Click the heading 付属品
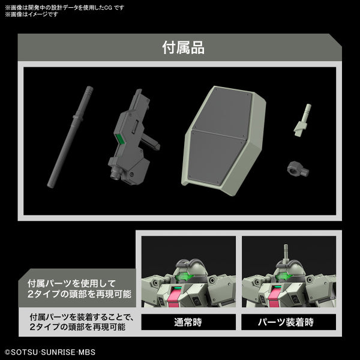[x=183, y=47]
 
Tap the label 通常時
[x=188, y=322]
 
